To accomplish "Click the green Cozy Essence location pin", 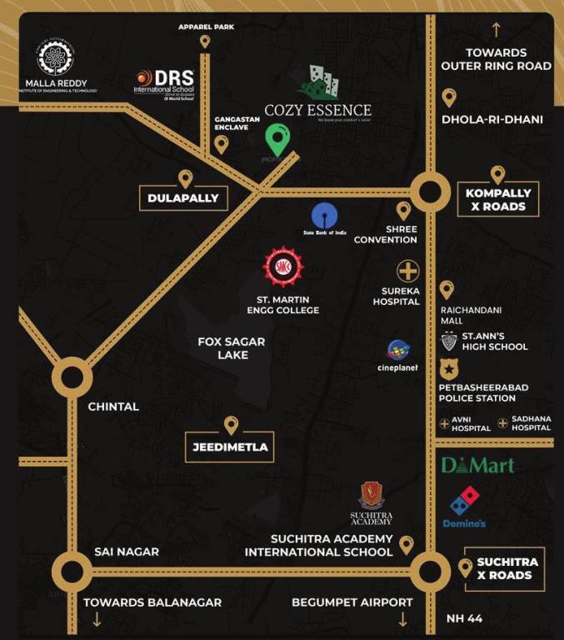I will pyautogui.click(x=278, y=139).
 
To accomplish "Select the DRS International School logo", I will pyautogui.click(x=164, y=82).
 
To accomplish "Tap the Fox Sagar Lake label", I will pyautogui.click(x=223, y=347).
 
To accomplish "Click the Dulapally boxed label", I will pyautogui.click(x=182, y=198).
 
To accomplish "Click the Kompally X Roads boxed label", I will pyautogui.click(x=498, y=199).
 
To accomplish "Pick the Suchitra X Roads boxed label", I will pyautogui.click(x=504, y=568).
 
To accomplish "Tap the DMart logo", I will pyautogui.click(x=477, y=465).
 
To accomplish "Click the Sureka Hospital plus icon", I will pyautogui.click(x=407, y=271).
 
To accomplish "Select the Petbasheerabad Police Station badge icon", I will pyautogui.click(x=448, y=368).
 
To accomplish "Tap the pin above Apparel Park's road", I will pyautogui.click(x=205, y=42).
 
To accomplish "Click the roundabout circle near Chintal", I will pyautogui.click(x=72, y=380).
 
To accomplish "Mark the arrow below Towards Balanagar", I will pyautogui.click(x=97, y=619).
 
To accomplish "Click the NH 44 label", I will pyautogui.click(x=463, y=618).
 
